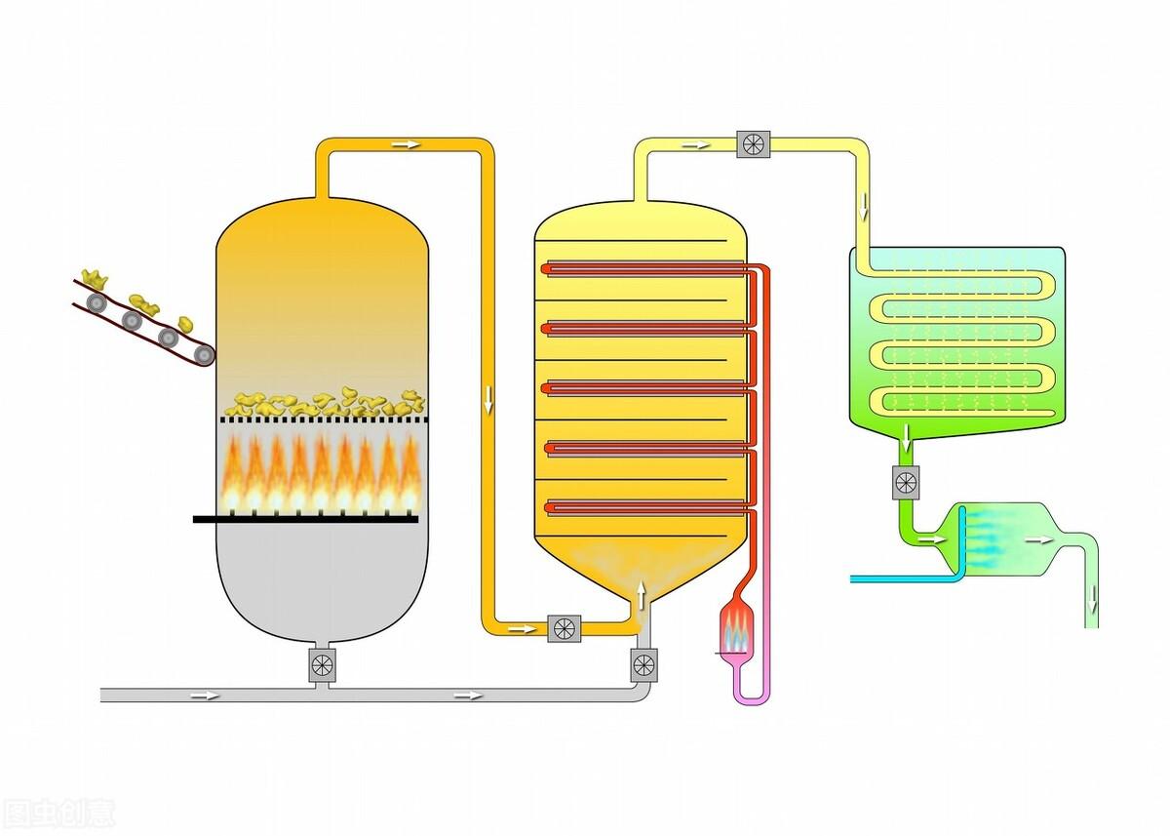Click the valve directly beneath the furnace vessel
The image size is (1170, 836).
tap(322, 665)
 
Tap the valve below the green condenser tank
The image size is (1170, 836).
tap(906, 482)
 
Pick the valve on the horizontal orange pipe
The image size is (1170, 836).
tap(563, 627)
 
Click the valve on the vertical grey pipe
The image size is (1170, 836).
tap(643, 665)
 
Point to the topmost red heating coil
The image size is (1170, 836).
tap(648, 265)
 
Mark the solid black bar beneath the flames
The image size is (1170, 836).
tap(305, 519)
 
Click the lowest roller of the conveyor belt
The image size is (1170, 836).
tap(204, 354)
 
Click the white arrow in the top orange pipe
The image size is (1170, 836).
tap(407, 144)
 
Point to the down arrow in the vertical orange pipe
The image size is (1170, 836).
tap(487, 398)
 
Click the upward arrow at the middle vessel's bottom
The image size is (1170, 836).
tap(642, 591)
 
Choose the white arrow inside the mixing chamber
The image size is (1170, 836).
tap(1040, 538)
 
